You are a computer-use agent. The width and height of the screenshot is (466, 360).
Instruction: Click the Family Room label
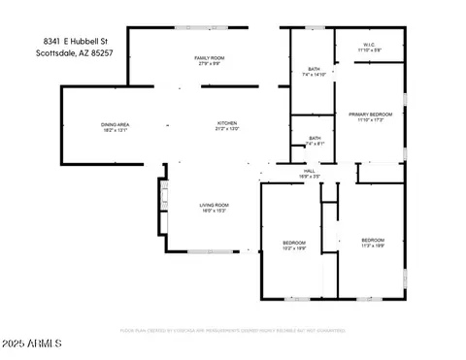point(210,59)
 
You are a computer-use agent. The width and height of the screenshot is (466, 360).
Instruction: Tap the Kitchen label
point(227,123)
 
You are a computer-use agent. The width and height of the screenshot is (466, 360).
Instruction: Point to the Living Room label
point(214,205)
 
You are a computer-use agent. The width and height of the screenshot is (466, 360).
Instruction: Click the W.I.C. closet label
point(370,44)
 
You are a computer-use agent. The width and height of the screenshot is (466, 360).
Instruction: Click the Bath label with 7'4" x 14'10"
point(314,69)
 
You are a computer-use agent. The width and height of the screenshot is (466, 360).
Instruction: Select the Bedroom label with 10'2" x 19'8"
point(294,242)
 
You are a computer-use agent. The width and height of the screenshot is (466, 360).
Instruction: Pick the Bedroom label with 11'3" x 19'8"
point(373,240)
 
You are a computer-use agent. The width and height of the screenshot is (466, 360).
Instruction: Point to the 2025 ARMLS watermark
point(34,344)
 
